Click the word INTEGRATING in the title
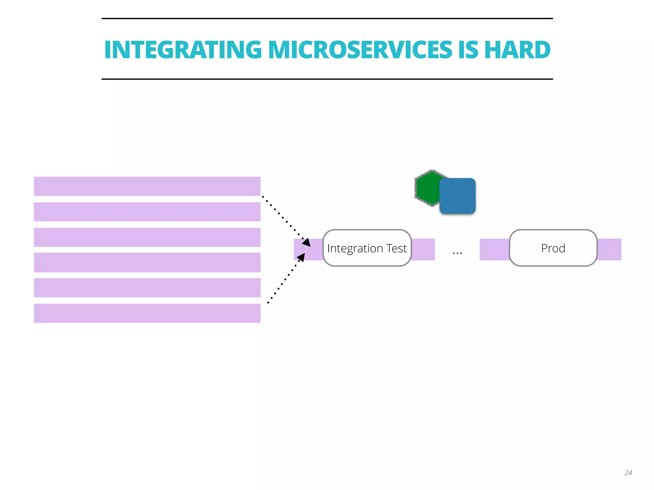183,50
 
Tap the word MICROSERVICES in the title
360,50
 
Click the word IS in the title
468,50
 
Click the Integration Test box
367,248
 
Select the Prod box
553,248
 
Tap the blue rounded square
458,196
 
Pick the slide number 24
628,472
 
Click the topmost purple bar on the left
147,186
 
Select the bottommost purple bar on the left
147,313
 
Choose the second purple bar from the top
147,212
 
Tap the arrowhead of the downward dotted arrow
307,242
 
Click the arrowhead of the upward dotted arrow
301,257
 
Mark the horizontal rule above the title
327,19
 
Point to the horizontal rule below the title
327,79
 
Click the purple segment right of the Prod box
609,249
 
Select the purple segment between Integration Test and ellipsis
423,249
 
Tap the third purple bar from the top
147,237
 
